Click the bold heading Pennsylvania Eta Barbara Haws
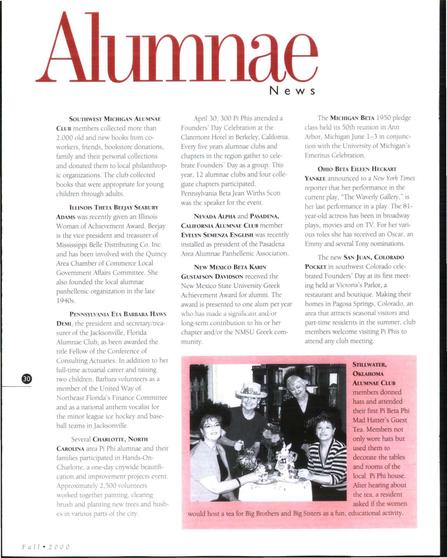[118, 314]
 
